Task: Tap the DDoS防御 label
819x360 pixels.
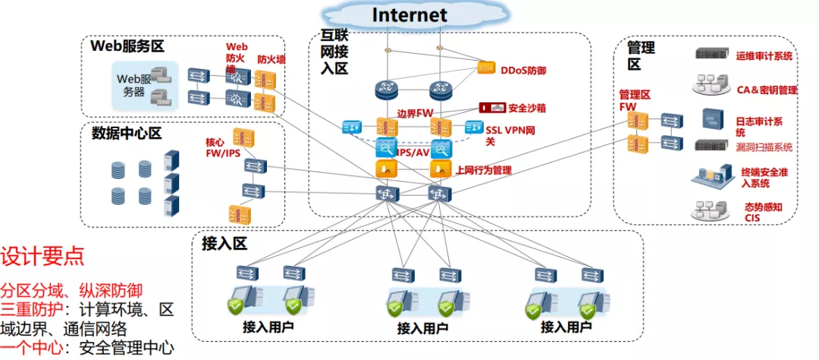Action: tap(524, 70)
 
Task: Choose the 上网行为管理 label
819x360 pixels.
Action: tap(484, 170)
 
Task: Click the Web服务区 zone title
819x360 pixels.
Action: tap(127, 46)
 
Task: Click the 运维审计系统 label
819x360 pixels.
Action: tap(764, 55)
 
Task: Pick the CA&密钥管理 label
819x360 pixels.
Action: tap(767, 90)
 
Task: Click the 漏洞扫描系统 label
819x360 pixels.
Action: tap(764, 147)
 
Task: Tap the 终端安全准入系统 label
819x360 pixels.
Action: tap(764, 177)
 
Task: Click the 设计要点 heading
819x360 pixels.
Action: tap(42, 255)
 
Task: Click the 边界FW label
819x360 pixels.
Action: tap(413, 112)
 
